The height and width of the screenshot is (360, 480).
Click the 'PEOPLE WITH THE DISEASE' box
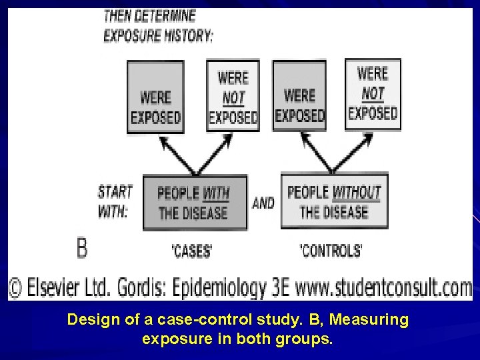point(194,203)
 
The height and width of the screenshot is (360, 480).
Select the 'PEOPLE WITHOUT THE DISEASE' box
point(334,201)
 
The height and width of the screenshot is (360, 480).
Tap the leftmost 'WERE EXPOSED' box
point(155,97)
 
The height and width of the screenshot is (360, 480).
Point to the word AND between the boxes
point(263,203)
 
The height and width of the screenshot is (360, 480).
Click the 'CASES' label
point(192,251)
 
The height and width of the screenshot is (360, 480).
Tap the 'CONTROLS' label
point(331,251)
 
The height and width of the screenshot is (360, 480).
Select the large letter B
point(81,248)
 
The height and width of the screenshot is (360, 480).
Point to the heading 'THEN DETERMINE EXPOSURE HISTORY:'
point(158,26)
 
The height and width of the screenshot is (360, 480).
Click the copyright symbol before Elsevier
point(15,289)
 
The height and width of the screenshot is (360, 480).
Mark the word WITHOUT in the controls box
point(357,193)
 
